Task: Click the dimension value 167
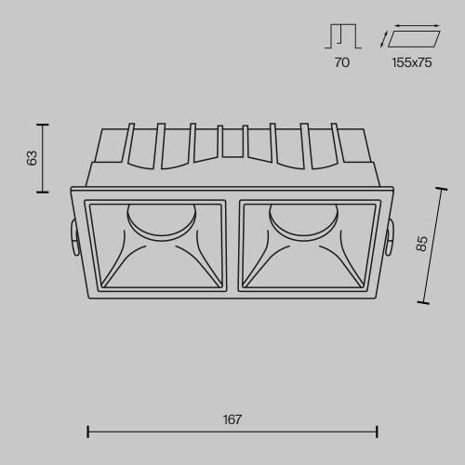pos(232,419)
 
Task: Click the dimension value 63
pos(33,158)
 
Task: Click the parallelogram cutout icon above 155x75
pos(414,39)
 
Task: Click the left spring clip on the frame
pos(73,236)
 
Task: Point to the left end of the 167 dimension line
pos(87,431)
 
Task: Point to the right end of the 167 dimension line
pos(377,431)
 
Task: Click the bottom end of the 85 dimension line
pos(424,302)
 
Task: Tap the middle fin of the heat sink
pos(232,141)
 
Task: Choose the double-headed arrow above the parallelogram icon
pos(416,26)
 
